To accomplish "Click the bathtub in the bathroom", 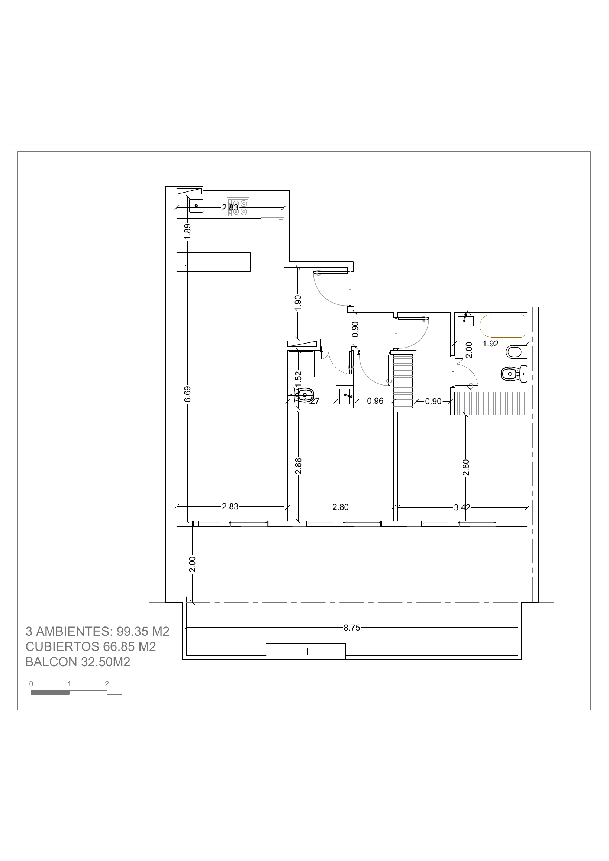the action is tap(503, 326).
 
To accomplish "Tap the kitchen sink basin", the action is tap(196, 206).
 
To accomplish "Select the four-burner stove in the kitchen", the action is tap(238, 208).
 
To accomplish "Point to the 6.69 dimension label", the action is tap(188, 394).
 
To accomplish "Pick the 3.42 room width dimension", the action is tap(462, 508).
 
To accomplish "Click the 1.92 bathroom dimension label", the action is tap(490, 344).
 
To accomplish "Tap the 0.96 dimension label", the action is tap(376, 401).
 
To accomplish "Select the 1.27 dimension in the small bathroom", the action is tap(312, 401).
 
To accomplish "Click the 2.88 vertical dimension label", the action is tap(299, 466).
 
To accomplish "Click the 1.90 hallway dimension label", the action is tap(298, 303).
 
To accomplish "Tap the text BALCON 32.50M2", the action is tap(78, 662).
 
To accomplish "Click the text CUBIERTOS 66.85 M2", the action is tap(90, 646).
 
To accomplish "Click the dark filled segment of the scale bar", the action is tap(50, 693).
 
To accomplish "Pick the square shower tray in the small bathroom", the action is tap(301, 364).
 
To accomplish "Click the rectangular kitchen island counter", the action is tap(213, 262).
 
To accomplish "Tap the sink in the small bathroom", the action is tap(345, 396).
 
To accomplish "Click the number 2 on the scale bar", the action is tap(107, 684).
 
